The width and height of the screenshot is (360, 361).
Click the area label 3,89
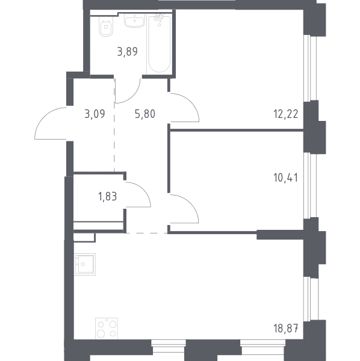tap(128, 52)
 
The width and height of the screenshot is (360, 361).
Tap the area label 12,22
tap(286, 114)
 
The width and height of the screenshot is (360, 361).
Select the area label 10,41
tap(285, 177)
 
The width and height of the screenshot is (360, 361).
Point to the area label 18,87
tap(286, 328)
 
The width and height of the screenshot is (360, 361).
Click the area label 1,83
tap(108, 197)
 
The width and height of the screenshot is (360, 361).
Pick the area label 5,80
tap(145, 114)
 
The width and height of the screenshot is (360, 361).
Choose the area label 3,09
tap(95, 114)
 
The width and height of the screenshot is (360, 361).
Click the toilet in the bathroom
tap(106, 26)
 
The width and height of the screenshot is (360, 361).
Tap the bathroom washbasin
tap(135, 20)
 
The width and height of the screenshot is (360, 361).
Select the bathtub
tap(160, 44)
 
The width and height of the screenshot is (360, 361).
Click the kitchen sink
tap(85, 264)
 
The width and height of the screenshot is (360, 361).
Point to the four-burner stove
tap(107, 329)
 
